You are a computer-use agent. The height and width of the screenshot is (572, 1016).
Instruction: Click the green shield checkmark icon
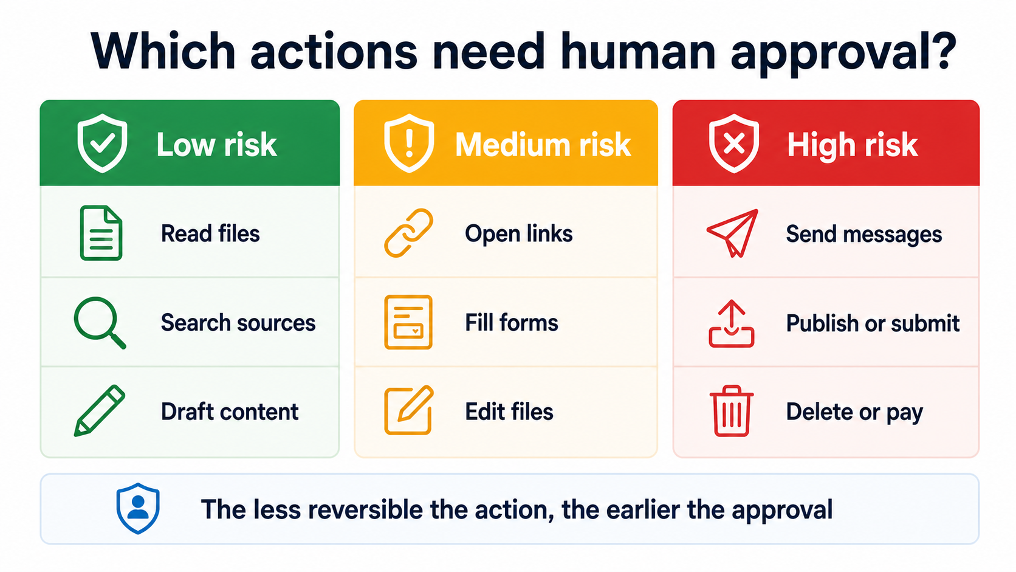[x=102, y=143]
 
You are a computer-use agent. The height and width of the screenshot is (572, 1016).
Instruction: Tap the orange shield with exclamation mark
[x=409, y=143]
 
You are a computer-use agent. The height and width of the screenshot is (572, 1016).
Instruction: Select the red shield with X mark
[x=734, y=143]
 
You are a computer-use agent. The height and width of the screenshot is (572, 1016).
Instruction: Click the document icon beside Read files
[x=101, y=233]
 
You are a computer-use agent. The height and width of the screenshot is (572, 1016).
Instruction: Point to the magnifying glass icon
[x=99, y=322]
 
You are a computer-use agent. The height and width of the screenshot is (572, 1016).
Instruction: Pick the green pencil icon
[x=99, y=411]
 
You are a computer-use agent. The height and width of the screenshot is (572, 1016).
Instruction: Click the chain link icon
[x=408, y=233]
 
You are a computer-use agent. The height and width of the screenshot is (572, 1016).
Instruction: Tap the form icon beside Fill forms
[x=408, y=322]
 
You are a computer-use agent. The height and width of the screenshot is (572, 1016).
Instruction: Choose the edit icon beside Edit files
[x=409, y=410]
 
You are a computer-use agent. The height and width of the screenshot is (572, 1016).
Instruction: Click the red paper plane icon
[x=732, y=233]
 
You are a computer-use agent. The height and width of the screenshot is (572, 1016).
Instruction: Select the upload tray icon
[x=731, y=323]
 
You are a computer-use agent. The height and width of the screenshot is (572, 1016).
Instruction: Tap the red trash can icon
[x=731, y=411]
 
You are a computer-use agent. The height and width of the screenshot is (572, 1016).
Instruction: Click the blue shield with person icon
[x=138, y=509]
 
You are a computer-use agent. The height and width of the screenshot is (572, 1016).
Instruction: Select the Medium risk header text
[x=543, y=145]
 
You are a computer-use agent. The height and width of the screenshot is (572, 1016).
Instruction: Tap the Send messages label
[x=864, y=235]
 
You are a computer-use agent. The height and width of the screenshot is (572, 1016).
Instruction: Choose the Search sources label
[x=238, y=323]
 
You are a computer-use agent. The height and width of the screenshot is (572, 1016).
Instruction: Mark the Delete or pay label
[x=854, y=412]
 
